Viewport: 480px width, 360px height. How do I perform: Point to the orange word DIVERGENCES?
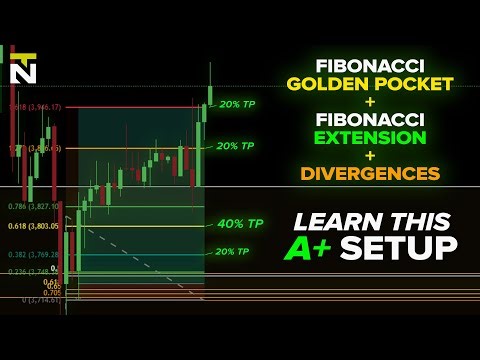(369, 174)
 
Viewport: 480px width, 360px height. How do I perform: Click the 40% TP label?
(240, 224)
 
